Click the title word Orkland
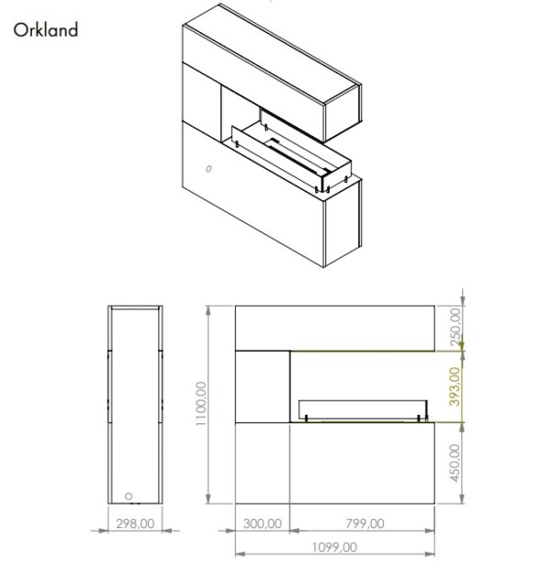pos(46,29)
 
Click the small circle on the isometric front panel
pos(208,168)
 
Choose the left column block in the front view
pos(264,386)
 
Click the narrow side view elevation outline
pos(135,404)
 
